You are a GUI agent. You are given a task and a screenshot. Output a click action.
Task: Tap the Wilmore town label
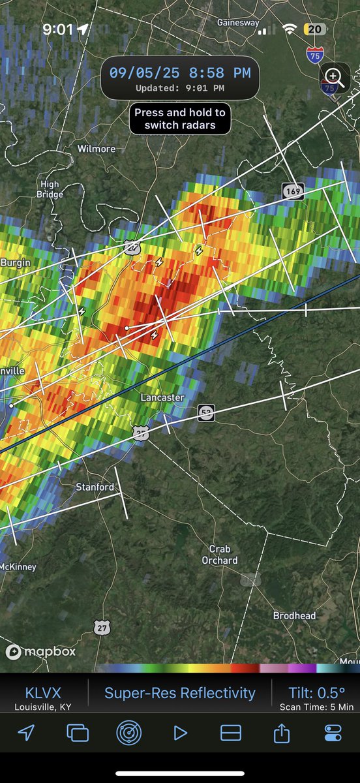coord(96,149)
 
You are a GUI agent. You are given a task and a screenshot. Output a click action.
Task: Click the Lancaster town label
coord(162,397)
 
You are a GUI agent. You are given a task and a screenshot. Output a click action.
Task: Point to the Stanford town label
coord(95,487)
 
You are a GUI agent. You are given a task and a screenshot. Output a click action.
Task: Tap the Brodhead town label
coord(294,615)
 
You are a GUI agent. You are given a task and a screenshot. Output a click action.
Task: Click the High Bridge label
coord(50,189)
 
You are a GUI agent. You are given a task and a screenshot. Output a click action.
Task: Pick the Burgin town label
coord(15,262)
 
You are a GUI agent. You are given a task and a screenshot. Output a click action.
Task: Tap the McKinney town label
coord(18,567)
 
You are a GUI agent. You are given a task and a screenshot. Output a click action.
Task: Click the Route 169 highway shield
coord(293,191)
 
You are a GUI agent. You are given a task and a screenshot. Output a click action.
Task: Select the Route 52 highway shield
coord(206,412)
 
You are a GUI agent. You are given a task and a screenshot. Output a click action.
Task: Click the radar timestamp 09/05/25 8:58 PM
coord(179,73)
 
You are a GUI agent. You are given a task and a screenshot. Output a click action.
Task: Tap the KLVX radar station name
coord(43,693)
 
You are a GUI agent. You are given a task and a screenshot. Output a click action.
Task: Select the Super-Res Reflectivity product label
coord(180,693)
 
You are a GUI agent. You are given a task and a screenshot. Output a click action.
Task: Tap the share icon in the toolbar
coord(282,733)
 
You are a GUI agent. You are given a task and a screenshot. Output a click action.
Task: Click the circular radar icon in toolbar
coord(128,733)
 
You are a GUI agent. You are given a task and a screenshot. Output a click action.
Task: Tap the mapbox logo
coord(40,651)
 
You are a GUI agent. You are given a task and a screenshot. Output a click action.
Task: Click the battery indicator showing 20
coord(315,29)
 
